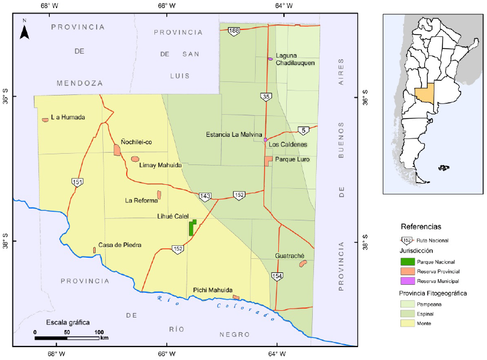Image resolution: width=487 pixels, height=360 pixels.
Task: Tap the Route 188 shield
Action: point(234,31)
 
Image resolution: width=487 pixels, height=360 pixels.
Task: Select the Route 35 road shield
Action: point(266,97)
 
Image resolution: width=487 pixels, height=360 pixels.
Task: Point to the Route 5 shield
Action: point(304,131)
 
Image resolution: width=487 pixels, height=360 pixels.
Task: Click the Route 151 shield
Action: point(77,182)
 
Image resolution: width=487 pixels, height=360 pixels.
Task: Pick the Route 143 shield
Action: point(205,197)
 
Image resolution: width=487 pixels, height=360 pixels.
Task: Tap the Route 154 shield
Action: point(277,276)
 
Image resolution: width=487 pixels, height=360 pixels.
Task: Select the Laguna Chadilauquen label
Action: point(295,59)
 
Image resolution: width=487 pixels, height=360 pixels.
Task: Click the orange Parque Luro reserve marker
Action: point(269,161)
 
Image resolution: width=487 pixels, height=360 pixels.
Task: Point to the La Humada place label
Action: point(67,118)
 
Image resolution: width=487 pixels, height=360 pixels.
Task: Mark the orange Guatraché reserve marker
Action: point(303,263)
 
